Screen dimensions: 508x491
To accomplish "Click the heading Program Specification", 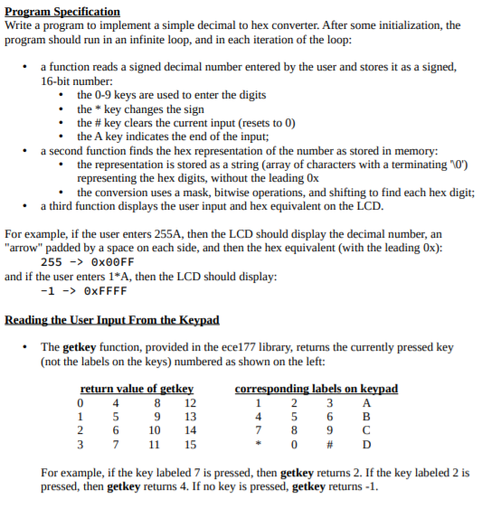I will click(x=62, y=11).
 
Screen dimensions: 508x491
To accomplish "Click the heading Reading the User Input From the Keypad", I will click(x=112, y=320).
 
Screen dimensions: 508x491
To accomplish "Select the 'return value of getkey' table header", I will click(x=137, y=390).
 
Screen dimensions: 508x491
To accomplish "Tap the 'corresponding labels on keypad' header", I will click(x=316, y=390).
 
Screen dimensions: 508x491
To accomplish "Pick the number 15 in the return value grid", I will click(x=190, y=444).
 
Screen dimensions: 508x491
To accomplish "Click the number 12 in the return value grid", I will click(x=190, y=403).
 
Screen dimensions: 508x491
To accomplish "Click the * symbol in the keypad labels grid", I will click(x=259, y=445).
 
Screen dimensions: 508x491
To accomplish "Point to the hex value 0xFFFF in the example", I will click(x=105, y=291).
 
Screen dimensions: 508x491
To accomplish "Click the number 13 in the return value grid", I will click(x=190, y=417).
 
